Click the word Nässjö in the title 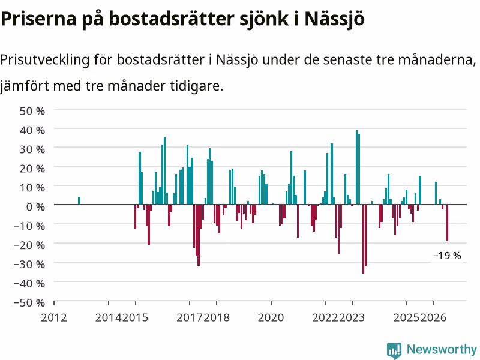coord(334,19)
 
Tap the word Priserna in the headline coord(38,19)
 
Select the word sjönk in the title coord(264,19)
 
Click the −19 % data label coord(447,256)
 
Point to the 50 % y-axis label coord(32,111)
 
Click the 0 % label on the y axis coord(35,207)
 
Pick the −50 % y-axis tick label coord(29,303)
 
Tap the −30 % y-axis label coord(29,264)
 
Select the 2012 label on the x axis coord(54,317)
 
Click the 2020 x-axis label coord(271,317)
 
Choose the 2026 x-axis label coord(433,317)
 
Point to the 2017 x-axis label coord(190,317)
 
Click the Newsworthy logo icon coord(394,350)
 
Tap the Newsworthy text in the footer coord(442,349)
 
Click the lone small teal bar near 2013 coord(79,200)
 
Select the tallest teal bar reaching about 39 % coord(356,167)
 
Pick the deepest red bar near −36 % coord(364,239)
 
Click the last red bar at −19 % coord(447,223)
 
